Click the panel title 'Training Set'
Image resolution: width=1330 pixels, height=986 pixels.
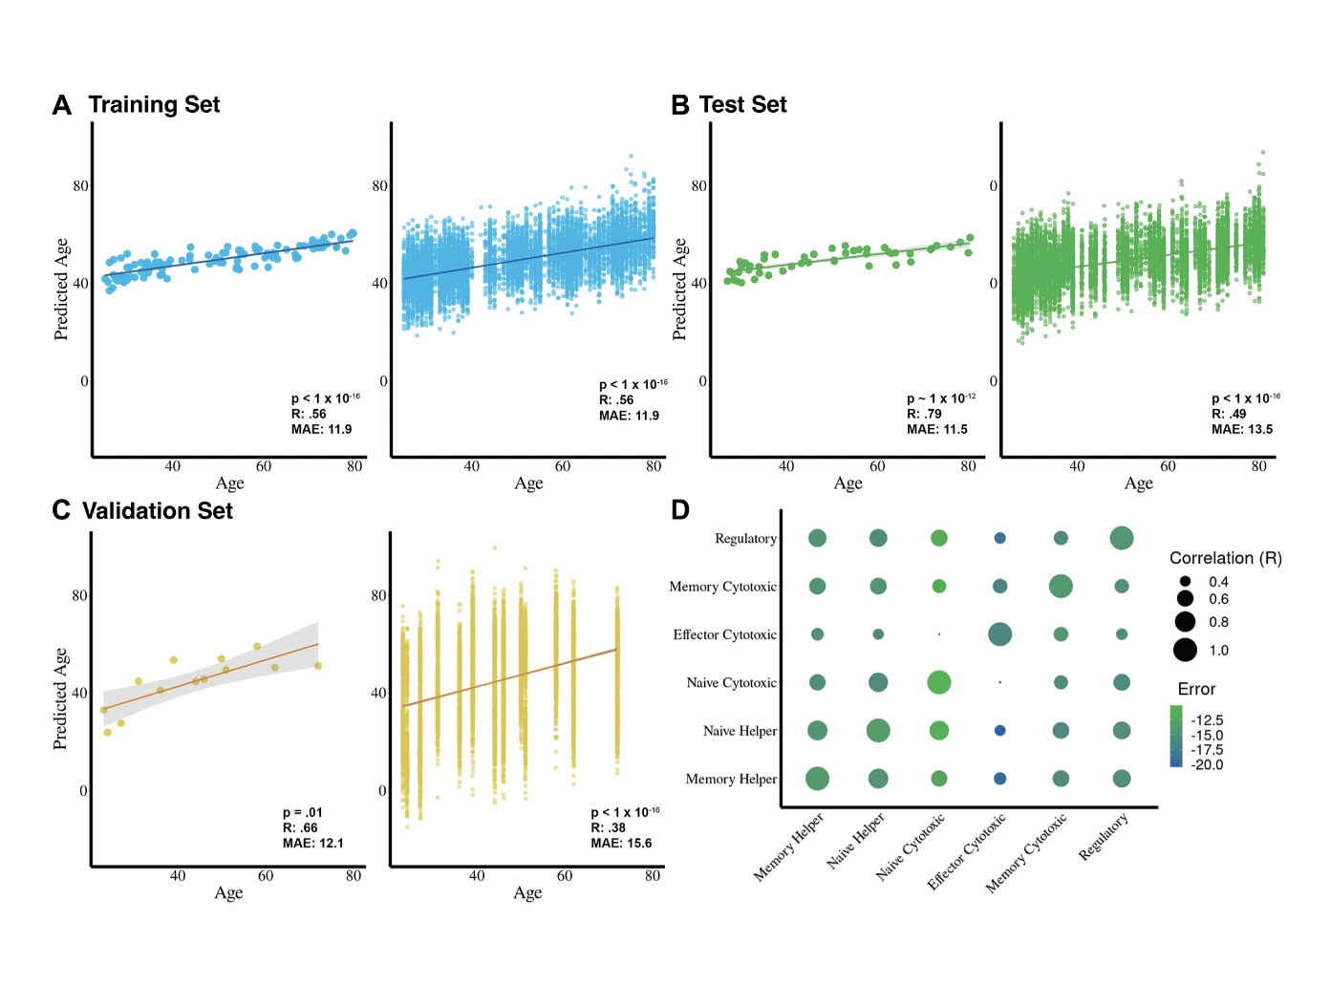154,105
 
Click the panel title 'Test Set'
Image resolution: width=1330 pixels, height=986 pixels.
742,105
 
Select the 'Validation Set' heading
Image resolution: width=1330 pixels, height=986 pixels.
158,511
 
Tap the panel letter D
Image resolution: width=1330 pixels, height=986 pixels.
680,510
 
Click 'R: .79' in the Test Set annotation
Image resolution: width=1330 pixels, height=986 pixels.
924,414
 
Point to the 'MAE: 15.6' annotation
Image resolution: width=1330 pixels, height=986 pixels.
621,843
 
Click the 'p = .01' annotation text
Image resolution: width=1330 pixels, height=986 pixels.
302,812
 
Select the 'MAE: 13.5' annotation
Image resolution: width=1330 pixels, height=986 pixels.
1242,429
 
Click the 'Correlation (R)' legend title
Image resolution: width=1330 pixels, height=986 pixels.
1225,558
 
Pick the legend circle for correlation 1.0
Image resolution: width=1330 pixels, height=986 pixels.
1185,651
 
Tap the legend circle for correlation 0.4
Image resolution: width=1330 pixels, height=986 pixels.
1185,582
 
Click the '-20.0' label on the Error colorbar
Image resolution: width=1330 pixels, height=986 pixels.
1207,764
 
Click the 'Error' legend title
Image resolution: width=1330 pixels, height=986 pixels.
1196,689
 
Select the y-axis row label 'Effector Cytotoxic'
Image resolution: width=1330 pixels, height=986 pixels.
724,634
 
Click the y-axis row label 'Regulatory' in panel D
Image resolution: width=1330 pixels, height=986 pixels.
745,539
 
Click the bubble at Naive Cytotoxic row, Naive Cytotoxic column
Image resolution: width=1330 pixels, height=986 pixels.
939,682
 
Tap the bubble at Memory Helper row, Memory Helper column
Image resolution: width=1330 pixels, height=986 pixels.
817,779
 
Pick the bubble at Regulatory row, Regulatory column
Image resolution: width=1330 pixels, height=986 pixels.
1122,538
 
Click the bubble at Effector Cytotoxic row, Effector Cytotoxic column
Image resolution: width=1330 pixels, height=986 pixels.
999,634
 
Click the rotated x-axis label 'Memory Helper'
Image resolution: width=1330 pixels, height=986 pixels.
789,847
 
